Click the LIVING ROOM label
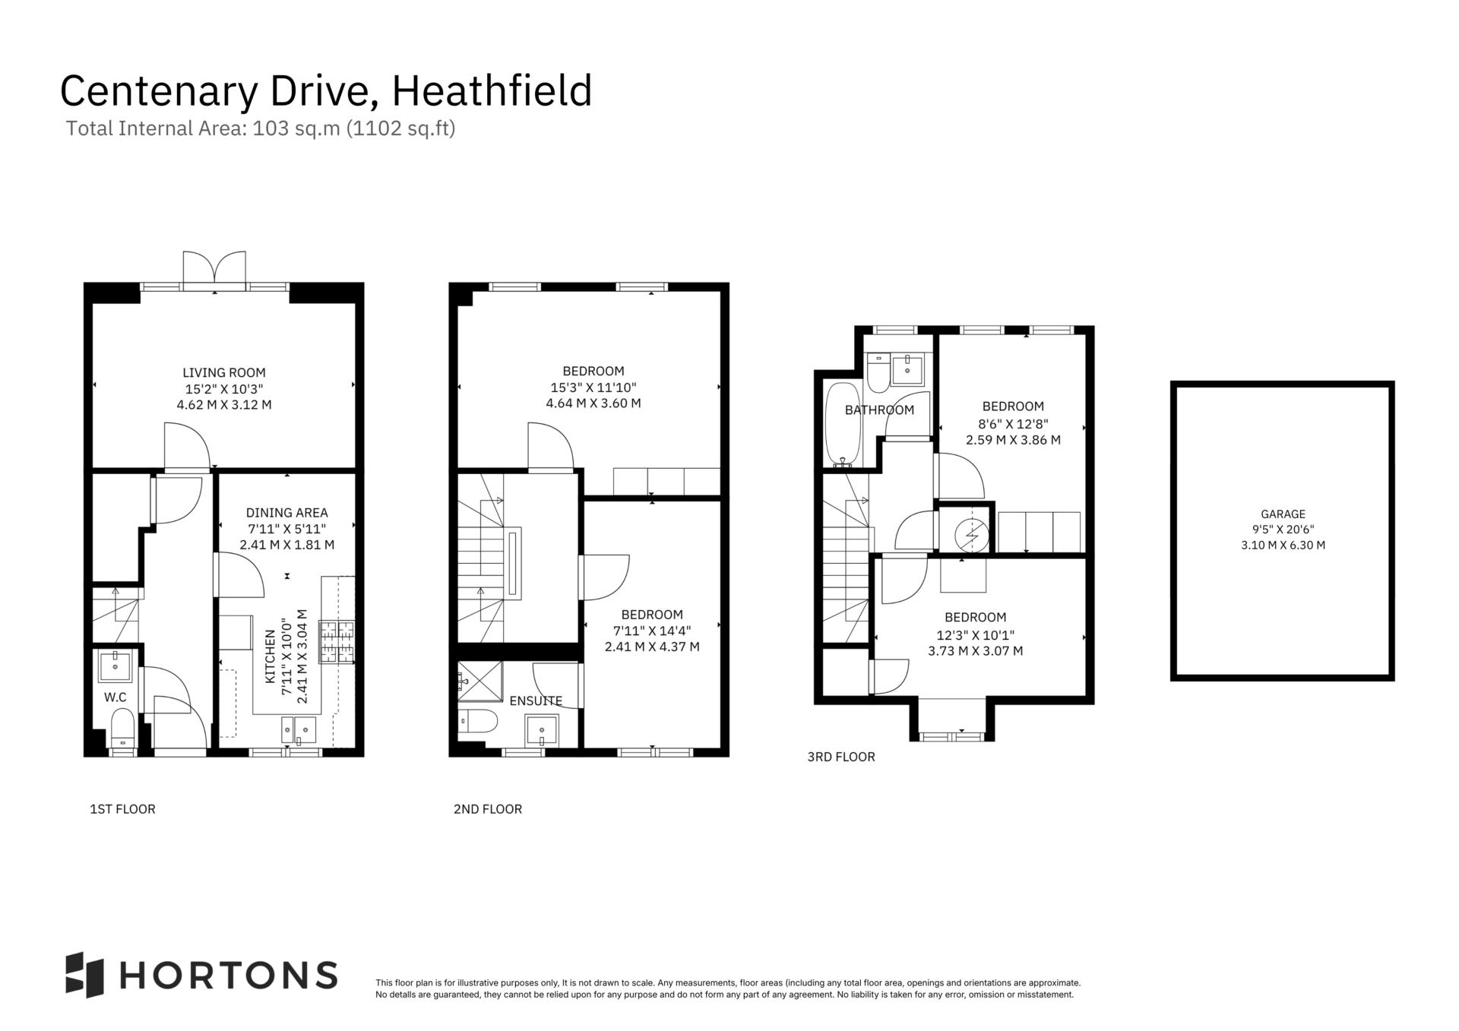tap(224, 372)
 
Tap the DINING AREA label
tap(286, 513)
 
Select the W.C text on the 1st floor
tap(116, 697)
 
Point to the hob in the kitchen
tap(337, 643)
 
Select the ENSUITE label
tap(536, 701)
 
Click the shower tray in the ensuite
tap(480, 682)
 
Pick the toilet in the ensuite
tap(477, 720)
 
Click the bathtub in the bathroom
tap(843, 424)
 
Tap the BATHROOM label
tap(879, 410)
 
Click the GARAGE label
tap(1283, 514)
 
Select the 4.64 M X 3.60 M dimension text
tap(593, 403)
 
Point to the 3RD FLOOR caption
tap(841, 757)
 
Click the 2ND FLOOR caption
tap(488, 809)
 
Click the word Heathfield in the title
tap(492, 91)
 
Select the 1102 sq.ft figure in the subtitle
tap(400, 128)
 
